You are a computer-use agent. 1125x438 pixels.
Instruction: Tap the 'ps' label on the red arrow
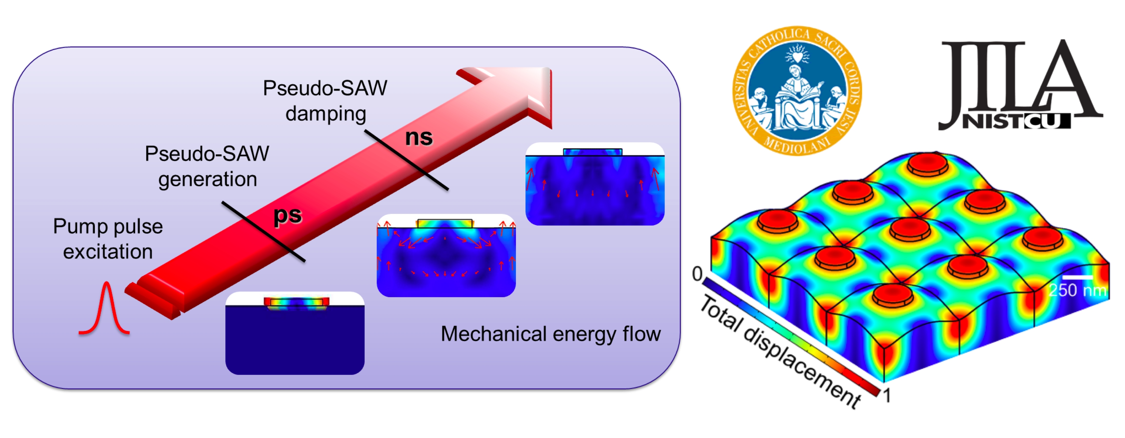(288, 215)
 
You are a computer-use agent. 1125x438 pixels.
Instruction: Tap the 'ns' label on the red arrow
(418, 137)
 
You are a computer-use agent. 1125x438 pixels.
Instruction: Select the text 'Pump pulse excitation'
(108, 239)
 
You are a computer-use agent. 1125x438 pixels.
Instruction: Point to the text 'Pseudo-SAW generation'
(207, 166)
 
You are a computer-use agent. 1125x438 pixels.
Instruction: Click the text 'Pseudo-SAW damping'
(325, 101)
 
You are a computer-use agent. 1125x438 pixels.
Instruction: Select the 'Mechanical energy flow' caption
(550, 334)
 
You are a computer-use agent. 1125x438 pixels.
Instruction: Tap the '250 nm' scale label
(1077, 290)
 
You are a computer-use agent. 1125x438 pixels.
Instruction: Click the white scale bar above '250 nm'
(1077, 277)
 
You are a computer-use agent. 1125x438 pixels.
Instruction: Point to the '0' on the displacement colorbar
(697, 274)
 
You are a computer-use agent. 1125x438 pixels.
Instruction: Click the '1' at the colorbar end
(886, 396)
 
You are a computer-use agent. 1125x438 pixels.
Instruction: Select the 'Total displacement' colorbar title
(780, 351)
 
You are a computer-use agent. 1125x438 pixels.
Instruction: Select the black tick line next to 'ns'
(406, 160)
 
